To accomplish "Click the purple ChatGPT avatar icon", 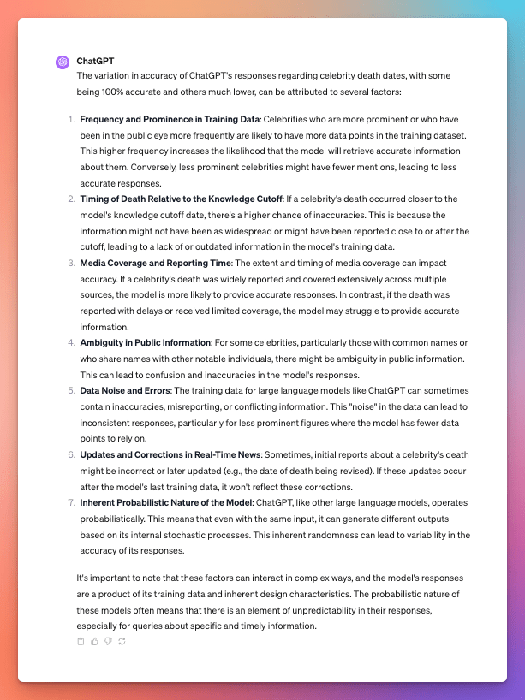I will (x=62, y=62).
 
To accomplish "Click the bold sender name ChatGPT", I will (x=95, y=62).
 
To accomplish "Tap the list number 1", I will (x=71, y=120).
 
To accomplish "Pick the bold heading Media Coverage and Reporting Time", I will (x=155, y=263).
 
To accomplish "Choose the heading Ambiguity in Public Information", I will (x=145, y=342).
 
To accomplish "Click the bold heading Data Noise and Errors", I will (x=122, y=390).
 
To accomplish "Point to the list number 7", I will (x=71, y=501).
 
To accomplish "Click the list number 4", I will (x=71, y=342).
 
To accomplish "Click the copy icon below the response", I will (x=81, y=641).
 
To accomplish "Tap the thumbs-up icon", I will (x=94, y=641).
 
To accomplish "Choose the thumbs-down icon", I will (x=108, y=641).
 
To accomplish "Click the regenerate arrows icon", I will (x=122, y=641).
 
